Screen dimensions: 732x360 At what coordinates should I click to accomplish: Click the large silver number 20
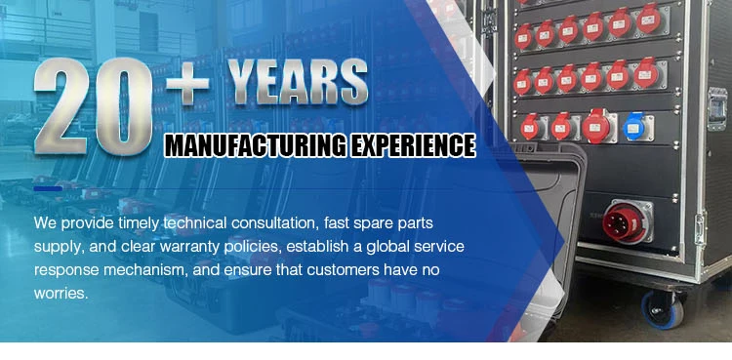[x=94, y=106]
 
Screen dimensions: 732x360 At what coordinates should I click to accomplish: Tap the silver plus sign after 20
[x=187, y=84]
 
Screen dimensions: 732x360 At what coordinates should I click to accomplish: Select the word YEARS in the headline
[x=298, y=81]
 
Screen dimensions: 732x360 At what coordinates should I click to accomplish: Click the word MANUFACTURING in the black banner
[x=257, y=145]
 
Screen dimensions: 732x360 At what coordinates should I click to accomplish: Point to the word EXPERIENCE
[x=413, y=145]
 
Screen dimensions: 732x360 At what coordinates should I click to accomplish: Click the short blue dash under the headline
[x=48, y=188]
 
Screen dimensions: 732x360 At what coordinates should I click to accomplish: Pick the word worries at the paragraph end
[x=61, y=294]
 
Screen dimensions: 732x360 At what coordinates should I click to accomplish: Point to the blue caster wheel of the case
[x=663, y=309]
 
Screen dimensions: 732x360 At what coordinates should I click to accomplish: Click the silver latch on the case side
[x=717, y=108]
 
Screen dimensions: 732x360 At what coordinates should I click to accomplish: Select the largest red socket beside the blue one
[x=596, y=125]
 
